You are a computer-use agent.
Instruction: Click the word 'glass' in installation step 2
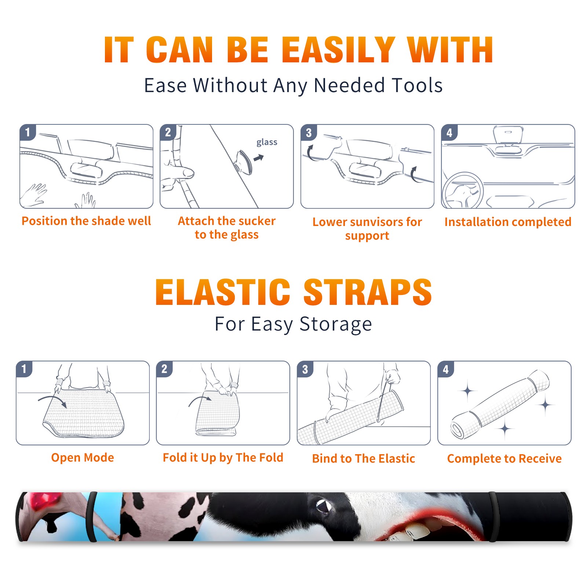[x=267, y=142]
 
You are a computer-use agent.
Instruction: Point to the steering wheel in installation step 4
[x=463, y=190]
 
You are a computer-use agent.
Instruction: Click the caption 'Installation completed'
[x=508, y=222]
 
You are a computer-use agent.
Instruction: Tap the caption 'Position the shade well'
[x=86, y=221]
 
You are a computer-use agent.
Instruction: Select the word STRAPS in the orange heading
[x=368, y=292]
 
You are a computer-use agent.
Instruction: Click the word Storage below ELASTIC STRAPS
[x=335, y=324]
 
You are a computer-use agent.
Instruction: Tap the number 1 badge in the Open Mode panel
[x=24, y=369]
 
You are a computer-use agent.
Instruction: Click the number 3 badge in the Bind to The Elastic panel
[x=305, y=369]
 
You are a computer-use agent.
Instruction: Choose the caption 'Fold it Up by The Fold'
[x=223, y=457]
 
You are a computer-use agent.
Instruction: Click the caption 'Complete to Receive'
[x=504, y=458]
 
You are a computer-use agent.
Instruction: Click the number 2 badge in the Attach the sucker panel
[x=168, y=132]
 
